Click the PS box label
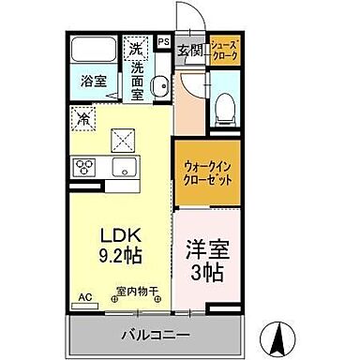163,42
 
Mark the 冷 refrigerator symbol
84,119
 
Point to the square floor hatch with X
125,141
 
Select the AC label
85,297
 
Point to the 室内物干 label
134,292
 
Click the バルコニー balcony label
155,334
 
